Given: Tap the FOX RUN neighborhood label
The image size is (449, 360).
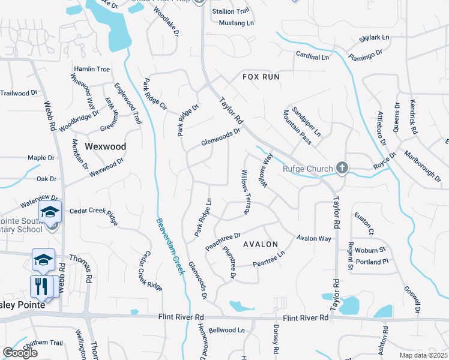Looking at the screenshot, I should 261,77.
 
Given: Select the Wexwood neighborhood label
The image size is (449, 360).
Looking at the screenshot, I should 105,146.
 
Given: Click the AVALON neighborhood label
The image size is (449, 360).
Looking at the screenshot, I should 261,244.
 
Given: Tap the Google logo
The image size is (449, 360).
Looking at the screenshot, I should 20,352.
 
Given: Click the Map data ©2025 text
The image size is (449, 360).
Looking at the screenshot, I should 423,355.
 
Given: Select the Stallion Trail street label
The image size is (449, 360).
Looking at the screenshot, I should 231,11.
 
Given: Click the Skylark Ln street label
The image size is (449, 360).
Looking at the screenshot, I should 375,38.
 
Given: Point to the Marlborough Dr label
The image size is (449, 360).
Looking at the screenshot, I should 422,162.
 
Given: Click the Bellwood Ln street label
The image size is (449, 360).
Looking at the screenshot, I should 227,330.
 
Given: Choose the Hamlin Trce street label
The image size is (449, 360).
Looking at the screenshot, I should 92,70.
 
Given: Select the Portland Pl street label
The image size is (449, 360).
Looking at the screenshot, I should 372,262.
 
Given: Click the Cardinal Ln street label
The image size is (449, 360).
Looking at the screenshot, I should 313,57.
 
